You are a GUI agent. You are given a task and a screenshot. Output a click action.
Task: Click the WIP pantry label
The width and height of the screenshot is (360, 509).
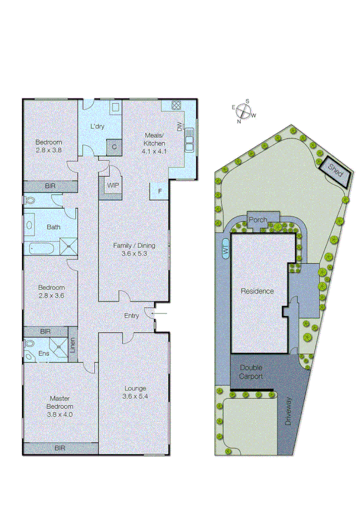coord(113,185)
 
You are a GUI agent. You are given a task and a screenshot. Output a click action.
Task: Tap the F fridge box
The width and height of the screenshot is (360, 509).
coord(159,191)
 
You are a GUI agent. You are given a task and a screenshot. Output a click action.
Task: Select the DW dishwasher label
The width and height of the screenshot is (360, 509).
coord(179,127)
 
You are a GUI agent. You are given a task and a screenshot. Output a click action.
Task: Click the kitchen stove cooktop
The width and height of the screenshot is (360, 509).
coord(176,106)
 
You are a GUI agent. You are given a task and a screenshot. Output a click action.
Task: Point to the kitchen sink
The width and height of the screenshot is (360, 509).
coord(189,139)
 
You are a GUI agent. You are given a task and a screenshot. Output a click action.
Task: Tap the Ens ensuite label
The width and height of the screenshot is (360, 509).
coord(44,354)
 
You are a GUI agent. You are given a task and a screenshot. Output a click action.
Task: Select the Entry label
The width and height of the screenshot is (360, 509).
coord(131,316)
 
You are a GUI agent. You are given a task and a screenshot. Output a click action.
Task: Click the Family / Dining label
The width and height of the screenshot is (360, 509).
coord(134,249)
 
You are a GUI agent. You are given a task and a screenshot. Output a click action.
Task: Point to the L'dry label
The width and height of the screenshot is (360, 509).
coord(98,127)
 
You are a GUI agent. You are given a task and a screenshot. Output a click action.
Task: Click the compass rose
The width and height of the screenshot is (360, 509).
coord(243,111)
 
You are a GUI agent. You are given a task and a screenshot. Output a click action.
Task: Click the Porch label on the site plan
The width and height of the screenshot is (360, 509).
coord(258,219)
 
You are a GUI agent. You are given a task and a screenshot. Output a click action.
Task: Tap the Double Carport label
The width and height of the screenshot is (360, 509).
coord(251,372)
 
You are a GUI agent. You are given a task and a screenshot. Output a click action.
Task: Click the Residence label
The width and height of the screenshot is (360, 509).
coord(257,291)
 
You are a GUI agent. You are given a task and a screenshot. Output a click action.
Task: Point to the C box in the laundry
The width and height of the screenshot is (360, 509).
coord(112,146)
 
